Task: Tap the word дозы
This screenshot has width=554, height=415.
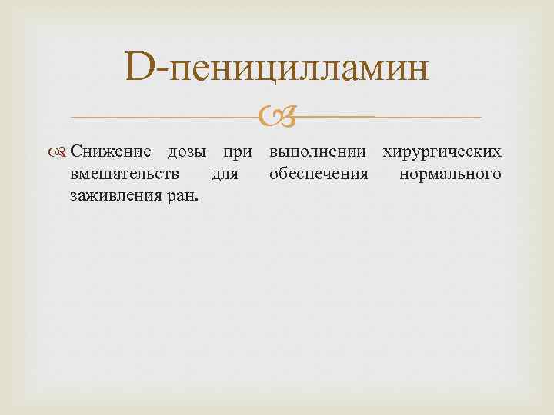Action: pos(188,152)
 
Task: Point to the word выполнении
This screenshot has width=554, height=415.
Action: pos(319,152)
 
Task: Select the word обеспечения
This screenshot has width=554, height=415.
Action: pos(319,174)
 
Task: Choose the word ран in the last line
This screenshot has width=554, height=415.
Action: pos(180,196)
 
